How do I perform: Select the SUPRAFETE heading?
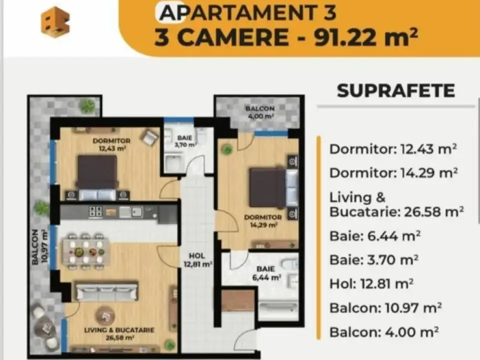[396, 90]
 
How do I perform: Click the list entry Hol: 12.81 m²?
[371, 284]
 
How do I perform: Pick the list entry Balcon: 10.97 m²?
[385, 307]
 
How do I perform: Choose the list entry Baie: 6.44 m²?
[374, 235]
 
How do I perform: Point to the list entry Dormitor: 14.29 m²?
[394, 173]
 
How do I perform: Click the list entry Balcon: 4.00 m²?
[384, 331]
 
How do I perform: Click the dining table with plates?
[86, 251]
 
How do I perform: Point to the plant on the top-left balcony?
[88, 105]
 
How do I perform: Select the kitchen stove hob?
[95, 211]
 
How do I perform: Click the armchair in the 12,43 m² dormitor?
[149, 137]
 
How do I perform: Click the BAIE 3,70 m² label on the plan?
[184, 140]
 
